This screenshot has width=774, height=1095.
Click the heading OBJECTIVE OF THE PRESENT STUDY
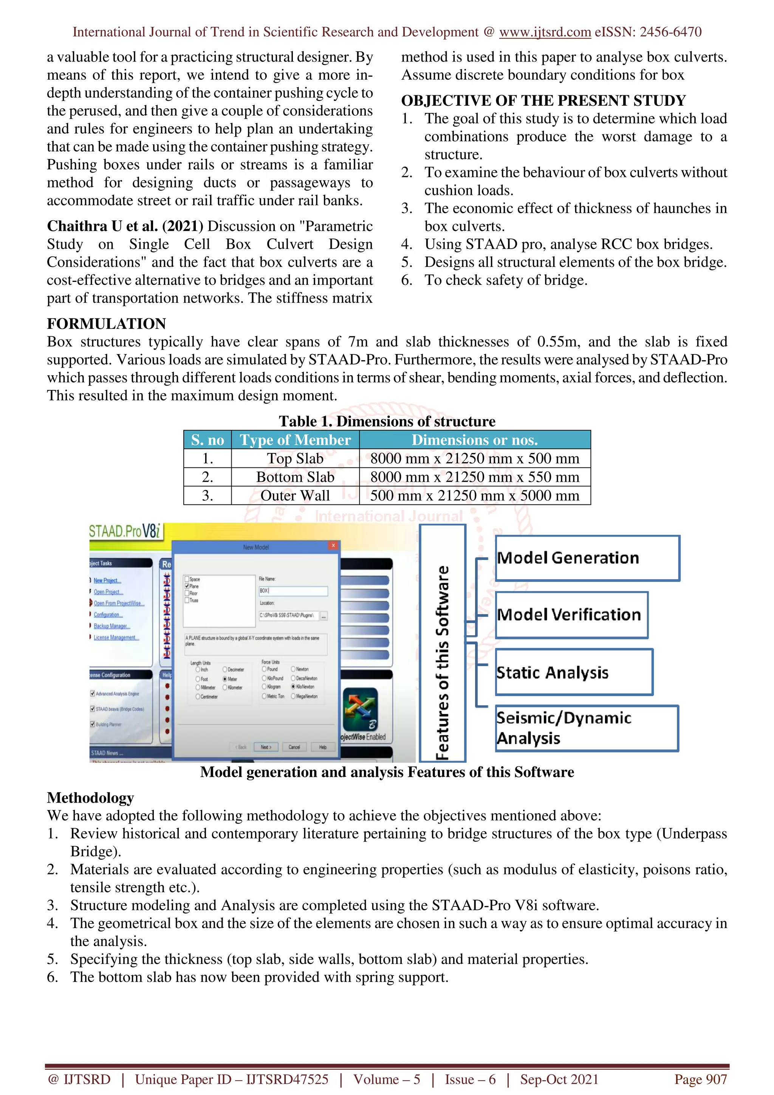pyautogui.click(x=543, y=101)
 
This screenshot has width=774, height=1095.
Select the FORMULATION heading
pyautogui.click(x=106, y=324)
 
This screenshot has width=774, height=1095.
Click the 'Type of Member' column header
pyautogui.click(x=295, y=440)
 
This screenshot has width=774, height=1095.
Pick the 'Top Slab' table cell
pyautogui.click(x=295, y=458)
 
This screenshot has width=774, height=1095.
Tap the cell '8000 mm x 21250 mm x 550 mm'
pyautogui.click(x=475, y=477)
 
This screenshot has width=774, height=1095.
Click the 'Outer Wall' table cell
pyautogui.click(x=295, y=495)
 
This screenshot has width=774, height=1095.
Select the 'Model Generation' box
pyautogui.click(x=587, y=558)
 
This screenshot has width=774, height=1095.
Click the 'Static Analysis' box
pyautogui.click(x=574, y=672)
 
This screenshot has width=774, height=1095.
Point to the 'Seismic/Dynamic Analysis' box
pyautogui.click(x=587, y=728)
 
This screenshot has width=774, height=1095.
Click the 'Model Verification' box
pyautogui.click(x=571, y=615)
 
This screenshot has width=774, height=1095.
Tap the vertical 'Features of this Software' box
pyautogui.click(x=443, y=643)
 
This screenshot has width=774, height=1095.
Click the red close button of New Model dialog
pyautogui.click(x=333, y=545)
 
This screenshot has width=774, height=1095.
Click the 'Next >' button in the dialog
pyautogui.click(x=266, y=747)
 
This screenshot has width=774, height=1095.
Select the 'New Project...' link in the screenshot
pyautogui.click(x=107, y=580)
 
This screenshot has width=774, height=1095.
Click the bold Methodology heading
pyautogui.click(x=90, y=798)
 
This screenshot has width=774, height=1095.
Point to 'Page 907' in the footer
pyautogui.click(x=700, y=1079)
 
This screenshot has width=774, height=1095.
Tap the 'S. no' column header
pyautogui.click(x=207, y=440)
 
